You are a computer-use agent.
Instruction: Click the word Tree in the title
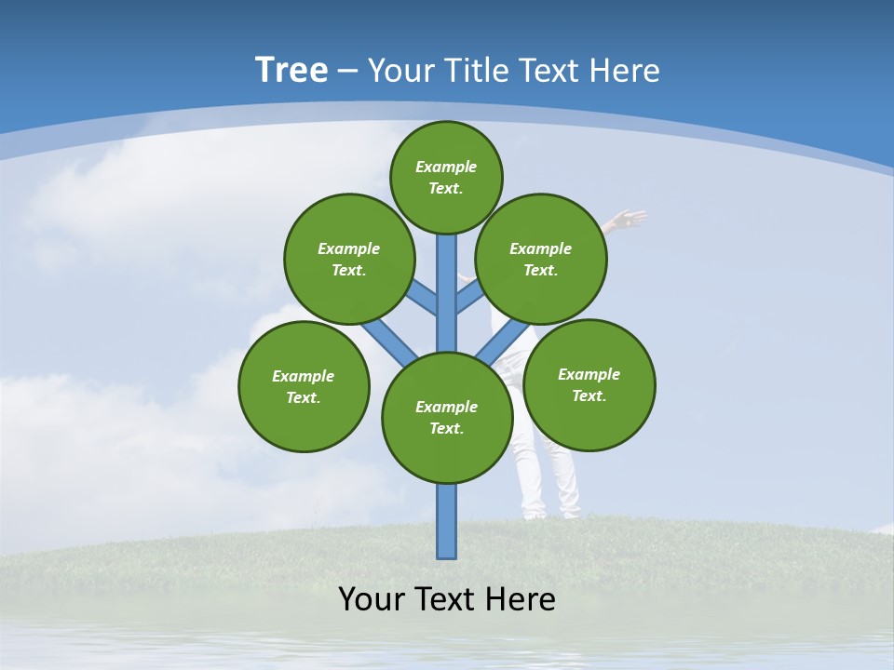pos(291,71)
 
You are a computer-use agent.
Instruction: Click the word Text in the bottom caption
pos(446,598)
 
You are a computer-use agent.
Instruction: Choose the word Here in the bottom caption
pos(519,598)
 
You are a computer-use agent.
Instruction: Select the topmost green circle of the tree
pos(446,177)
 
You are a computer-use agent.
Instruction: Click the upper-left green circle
pos(348,259)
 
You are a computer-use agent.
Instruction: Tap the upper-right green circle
pos(541,259)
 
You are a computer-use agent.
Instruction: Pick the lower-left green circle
pos(304,386)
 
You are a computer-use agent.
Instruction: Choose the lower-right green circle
pos(589,384)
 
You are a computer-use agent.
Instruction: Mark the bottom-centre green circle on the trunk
pos(447,418)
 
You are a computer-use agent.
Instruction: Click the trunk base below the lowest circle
pos(447,521)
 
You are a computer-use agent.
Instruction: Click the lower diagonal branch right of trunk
pos(503,341)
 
